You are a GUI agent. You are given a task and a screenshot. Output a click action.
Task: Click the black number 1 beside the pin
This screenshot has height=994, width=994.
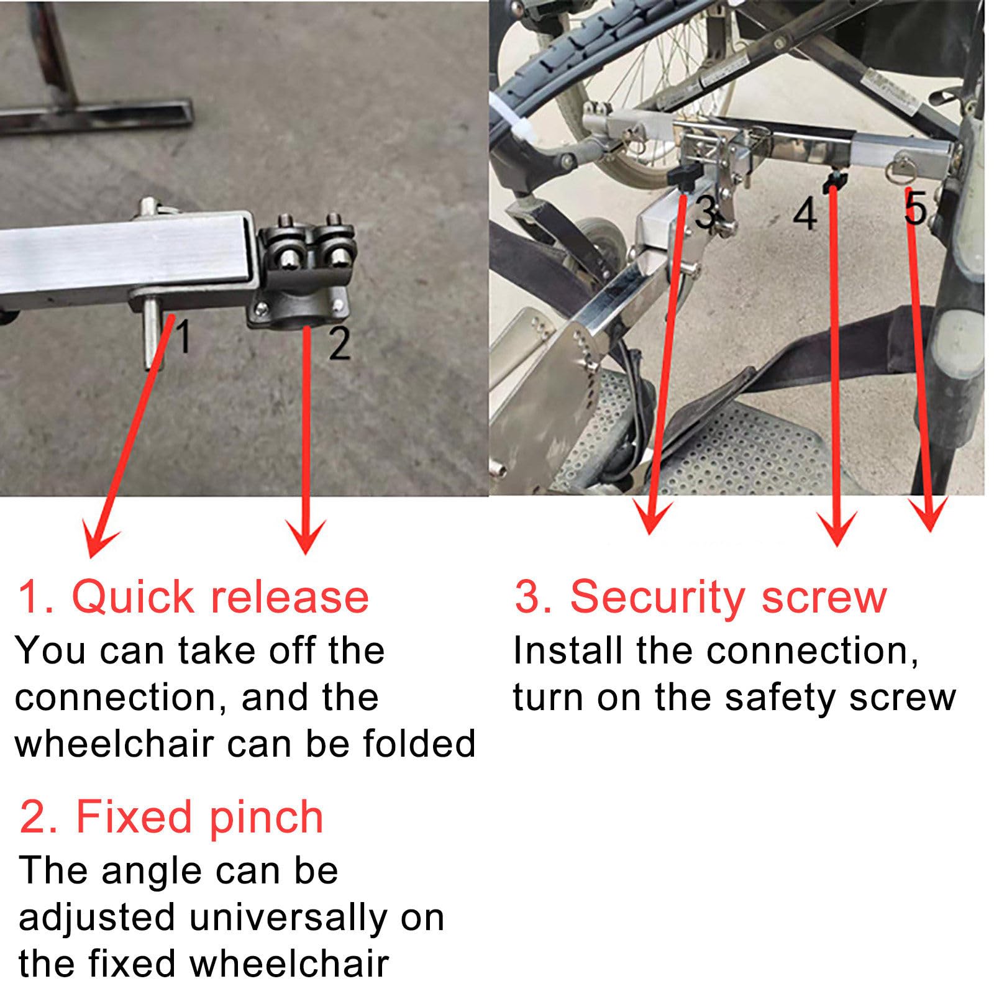[x=183, y=335]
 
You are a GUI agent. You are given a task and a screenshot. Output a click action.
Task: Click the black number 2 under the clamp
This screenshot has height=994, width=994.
[x=339, y=344]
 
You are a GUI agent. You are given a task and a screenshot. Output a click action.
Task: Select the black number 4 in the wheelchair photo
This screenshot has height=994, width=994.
[x=806, y=215]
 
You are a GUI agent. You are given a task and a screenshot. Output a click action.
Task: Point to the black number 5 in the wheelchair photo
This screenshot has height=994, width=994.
[x=916, y=207]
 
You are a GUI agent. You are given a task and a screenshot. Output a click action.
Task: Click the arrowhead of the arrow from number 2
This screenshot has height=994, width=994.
[x=305, y=536]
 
